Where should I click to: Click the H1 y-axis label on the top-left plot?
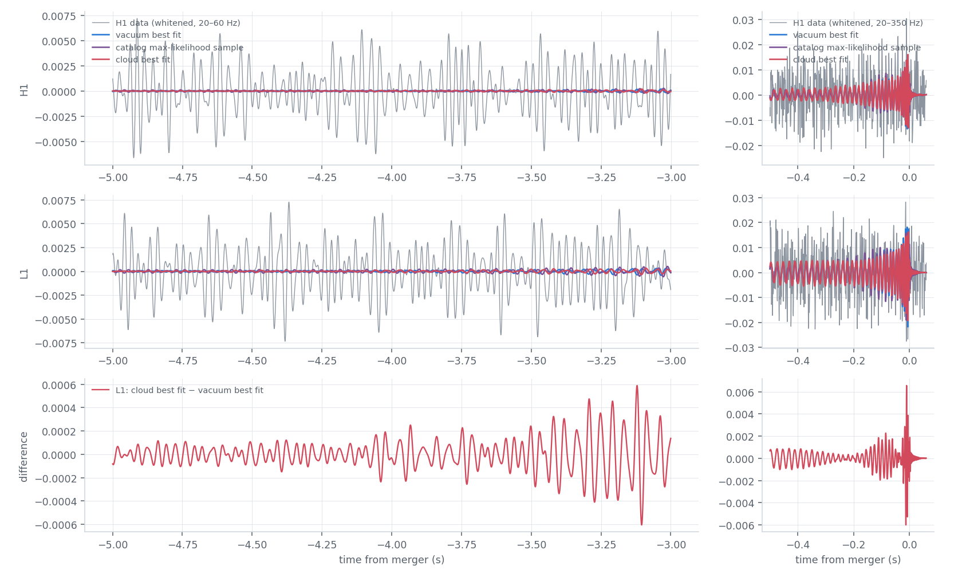pos(24,90)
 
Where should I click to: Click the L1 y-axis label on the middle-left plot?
pos(24,274)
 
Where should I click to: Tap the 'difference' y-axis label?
pos(23,457)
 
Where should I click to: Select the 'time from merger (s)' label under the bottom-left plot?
pos(391,559)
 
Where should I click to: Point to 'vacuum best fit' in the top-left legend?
pos(148,35)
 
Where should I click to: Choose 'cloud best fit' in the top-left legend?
pos(143,59)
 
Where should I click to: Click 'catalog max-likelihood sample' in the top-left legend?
pos(179,47)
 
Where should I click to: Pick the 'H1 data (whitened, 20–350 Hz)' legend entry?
pos(858,23)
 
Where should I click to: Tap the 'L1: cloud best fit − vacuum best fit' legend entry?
pos(190,390)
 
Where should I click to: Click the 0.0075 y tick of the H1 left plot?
pos(59,16)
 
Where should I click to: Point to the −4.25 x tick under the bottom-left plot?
pos(322,545)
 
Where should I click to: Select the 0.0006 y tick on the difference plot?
pos(59,385)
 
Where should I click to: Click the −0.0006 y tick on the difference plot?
pos(56,525)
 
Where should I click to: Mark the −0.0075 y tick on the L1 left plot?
pos(56,343)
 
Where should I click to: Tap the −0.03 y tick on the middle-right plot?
pos(739,348)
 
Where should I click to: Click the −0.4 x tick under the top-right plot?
pos(798,178)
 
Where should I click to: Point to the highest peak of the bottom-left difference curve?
pos(637,386)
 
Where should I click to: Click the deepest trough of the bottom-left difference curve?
pos(641,524)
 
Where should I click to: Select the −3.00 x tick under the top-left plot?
pos(671,178)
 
